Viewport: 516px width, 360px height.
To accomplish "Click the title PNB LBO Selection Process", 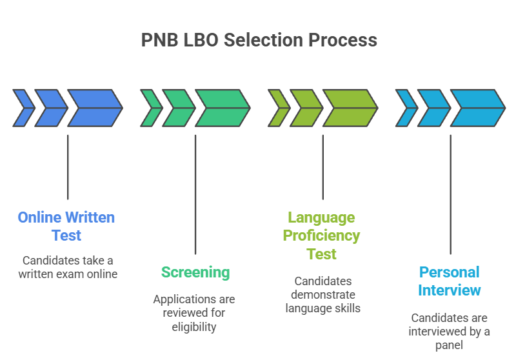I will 259,40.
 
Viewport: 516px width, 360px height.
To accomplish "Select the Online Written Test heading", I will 66,226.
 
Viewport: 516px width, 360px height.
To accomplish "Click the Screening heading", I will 195,272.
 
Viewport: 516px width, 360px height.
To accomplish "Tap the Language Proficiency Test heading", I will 322,235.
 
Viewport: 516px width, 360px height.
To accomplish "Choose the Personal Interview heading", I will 450,281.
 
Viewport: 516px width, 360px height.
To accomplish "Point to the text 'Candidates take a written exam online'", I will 67,267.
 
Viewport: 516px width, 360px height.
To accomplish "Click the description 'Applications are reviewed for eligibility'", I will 194,313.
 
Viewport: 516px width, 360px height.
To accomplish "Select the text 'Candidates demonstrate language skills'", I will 322,295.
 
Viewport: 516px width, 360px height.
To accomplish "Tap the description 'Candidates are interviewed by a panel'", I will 450,332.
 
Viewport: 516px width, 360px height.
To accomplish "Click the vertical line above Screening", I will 195,194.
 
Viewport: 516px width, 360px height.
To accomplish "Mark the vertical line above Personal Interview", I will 450,194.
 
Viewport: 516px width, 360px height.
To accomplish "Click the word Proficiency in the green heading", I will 322,235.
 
